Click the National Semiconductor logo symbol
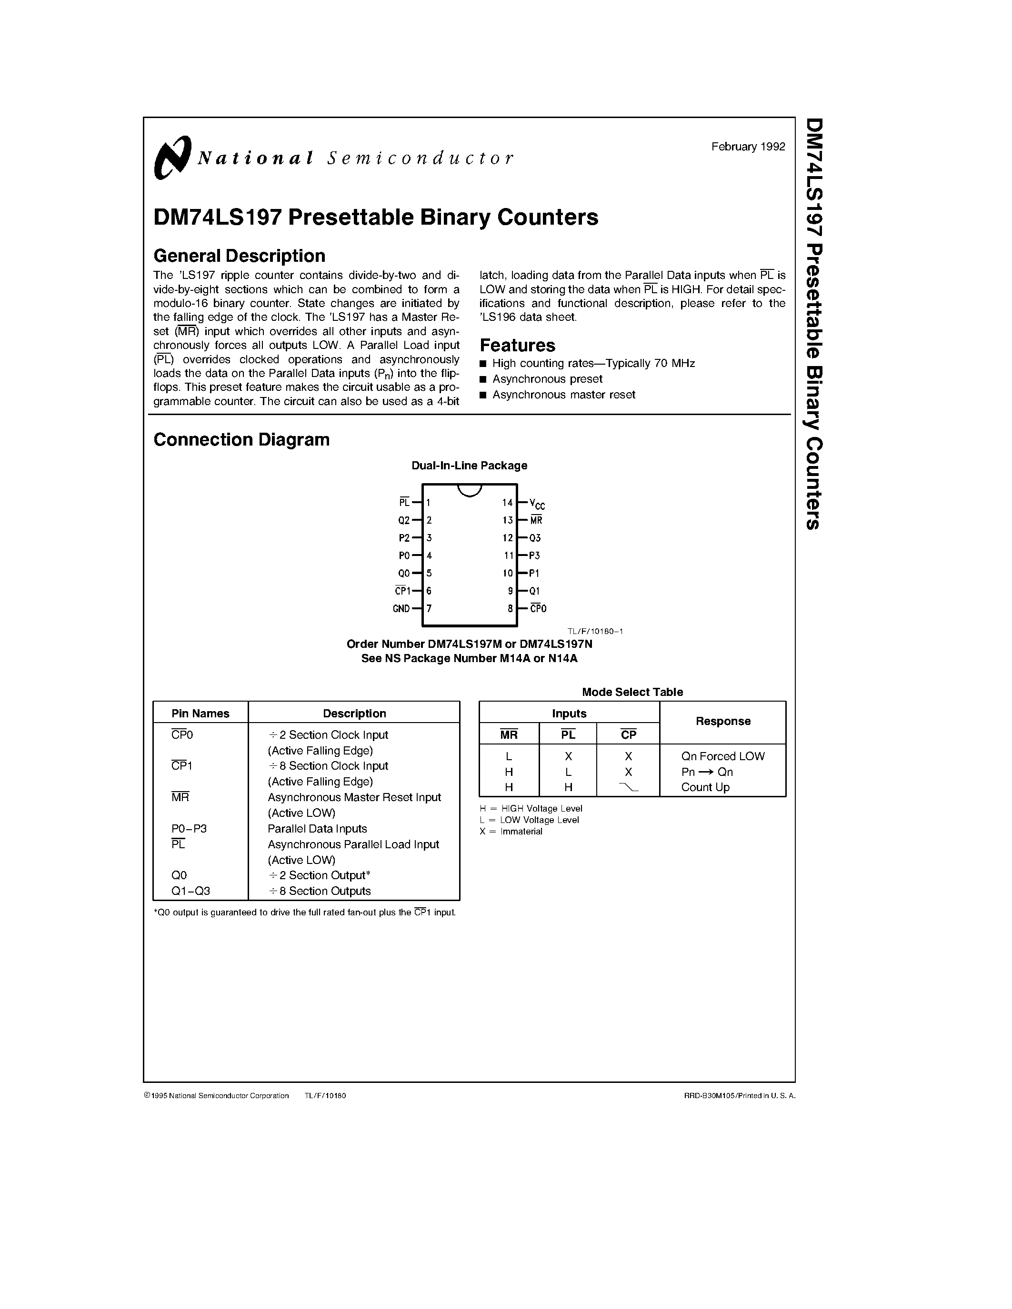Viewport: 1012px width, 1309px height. coord(172,157)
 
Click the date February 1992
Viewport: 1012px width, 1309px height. coord(748,147)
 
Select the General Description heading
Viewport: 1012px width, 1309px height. coord(239,256)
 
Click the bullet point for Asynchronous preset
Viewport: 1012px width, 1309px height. coord(483,379)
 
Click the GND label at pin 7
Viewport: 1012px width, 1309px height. coord(401,609)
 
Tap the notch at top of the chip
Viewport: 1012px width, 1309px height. coord(470,490)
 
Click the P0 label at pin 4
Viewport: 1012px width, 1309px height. coord(404,555)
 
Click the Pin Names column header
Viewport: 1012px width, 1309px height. coord(200,713)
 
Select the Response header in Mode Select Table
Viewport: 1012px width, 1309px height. coord(722,721)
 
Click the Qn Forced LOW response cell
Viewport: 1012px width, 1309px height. coord(722,756)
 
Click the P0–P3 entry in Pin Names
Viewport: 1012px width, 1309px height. coord(189,829)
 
